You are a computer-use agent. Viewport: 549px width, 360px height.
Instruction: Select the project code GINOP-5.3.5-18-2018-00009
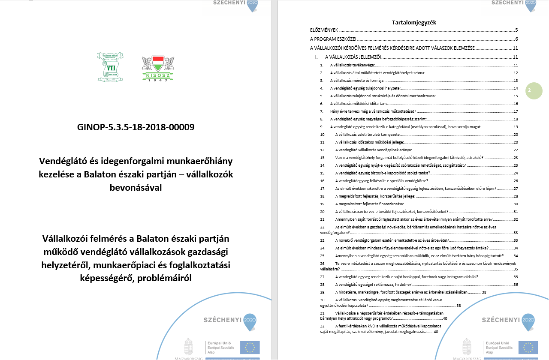[136, 127]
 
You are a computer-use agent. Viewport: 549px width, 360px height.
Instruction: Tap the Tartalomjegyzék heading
[414, 22]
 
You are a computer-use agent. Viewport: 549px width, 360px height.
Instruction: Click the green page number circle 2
[534, 90]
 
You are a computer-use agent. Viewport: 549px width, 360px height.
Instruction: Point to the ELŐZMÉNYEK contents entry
[324, 30]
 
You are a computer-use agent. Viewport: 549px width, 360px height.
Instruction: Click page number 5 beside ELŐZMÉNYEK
[517, 30]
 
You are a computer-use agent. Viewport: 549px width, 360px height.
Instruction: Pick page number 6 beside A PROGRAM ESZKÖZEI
[517, 39]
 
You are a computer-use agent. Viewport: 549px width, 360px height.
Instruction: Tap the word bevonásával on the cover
[136, 188]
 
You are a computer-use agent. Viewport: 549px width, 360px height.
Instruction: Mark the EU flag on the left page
[250, 347]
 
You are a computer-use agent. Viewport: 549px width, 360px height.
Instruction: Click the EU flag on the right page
[528, 347]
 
